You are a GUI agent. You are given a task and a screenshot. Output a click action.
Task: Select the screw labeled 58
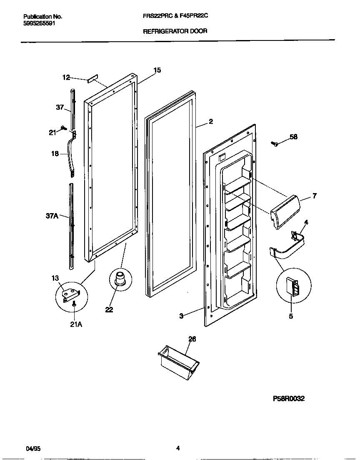click(275, 143)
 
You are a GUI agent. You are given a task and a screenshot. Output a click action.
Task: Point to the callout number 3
click(181, 316)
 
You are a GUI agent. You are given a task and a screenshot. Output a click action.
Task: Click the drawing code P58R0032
click(289, 399)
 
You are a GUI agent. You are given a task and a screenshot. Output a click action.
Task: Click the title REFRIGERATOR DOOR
click(175, 31)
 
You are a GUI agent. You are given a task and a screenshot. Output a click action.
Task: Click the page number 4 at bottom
click(178, 449)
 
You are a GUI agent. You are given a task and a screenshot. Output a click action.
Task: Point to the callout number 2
click(211, 122)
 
